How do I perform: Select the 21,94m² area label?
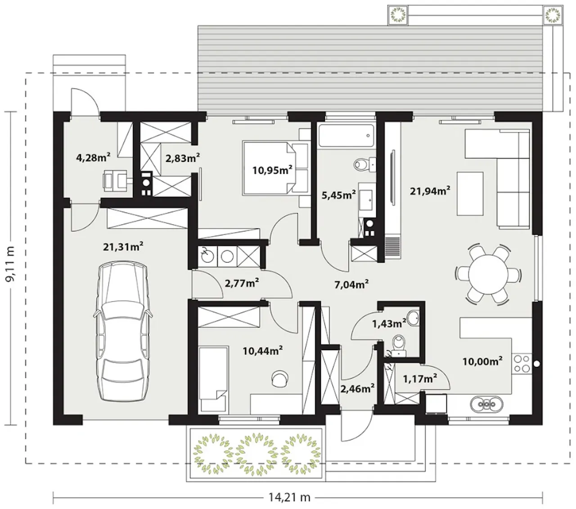coord(430,191)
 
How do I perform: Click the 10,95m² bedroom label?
coord(272,170)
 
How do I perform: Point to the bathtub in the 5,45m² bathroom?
coord(346,135)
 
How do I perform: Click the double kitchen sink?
coord(486,404)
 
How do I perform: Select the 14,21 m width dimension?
coord(289,497)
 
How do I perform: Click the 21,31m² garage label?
coord(123,247)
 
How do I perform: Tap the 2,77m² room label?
coord(242,283)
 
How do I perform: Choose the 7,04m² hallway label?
coord(351,284)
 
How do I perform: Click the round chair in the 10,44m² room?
coord(280,378)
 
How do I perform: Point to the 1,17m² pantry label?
coord(420,378)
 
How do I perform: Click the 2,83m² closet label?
coord(182,158)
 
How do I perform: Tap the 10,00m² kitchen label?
coord(482,361)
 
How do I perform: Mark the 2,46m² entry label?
coord(357,388)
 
